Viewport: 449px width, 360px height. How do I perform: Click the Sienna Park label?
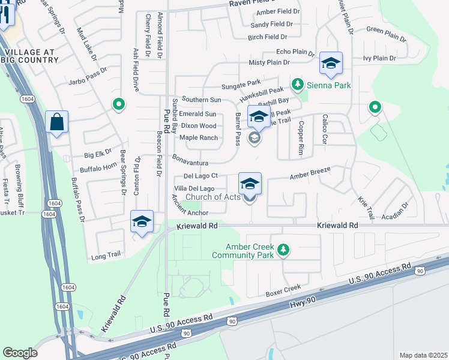tap(330, 85)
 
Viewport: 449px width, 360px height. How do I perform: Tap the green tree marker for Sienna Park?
tap(297, 83)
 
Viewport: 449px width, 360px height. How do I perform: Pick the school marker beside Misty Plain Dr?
tap(331, 63)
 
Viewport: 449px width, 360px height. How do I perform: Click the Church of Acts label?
tap(212, 197)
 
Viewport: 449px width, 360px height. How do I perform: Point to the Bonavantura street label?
tap(190, 163)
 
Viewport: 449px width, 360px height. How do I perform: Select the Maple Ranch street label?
tap(198, 138)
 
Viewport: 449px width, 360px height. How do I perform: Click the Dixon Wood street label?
tap(198, 126)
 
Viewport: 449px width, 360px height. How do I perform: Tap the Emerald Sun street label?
tap(197, 114)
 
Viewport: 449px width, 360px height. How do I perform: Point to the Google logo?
tap(20, 352)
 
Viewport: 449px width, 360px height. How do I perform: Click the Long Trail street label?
tap(106, 256)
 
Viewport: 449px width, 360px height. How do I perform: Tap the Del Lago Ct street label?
tap(200, 176)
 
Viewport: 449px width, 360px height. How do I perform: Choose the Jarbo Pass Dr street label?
tap(88, 79)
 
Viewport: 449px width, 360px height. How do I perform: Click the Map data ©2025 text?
tap(423, 355)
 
